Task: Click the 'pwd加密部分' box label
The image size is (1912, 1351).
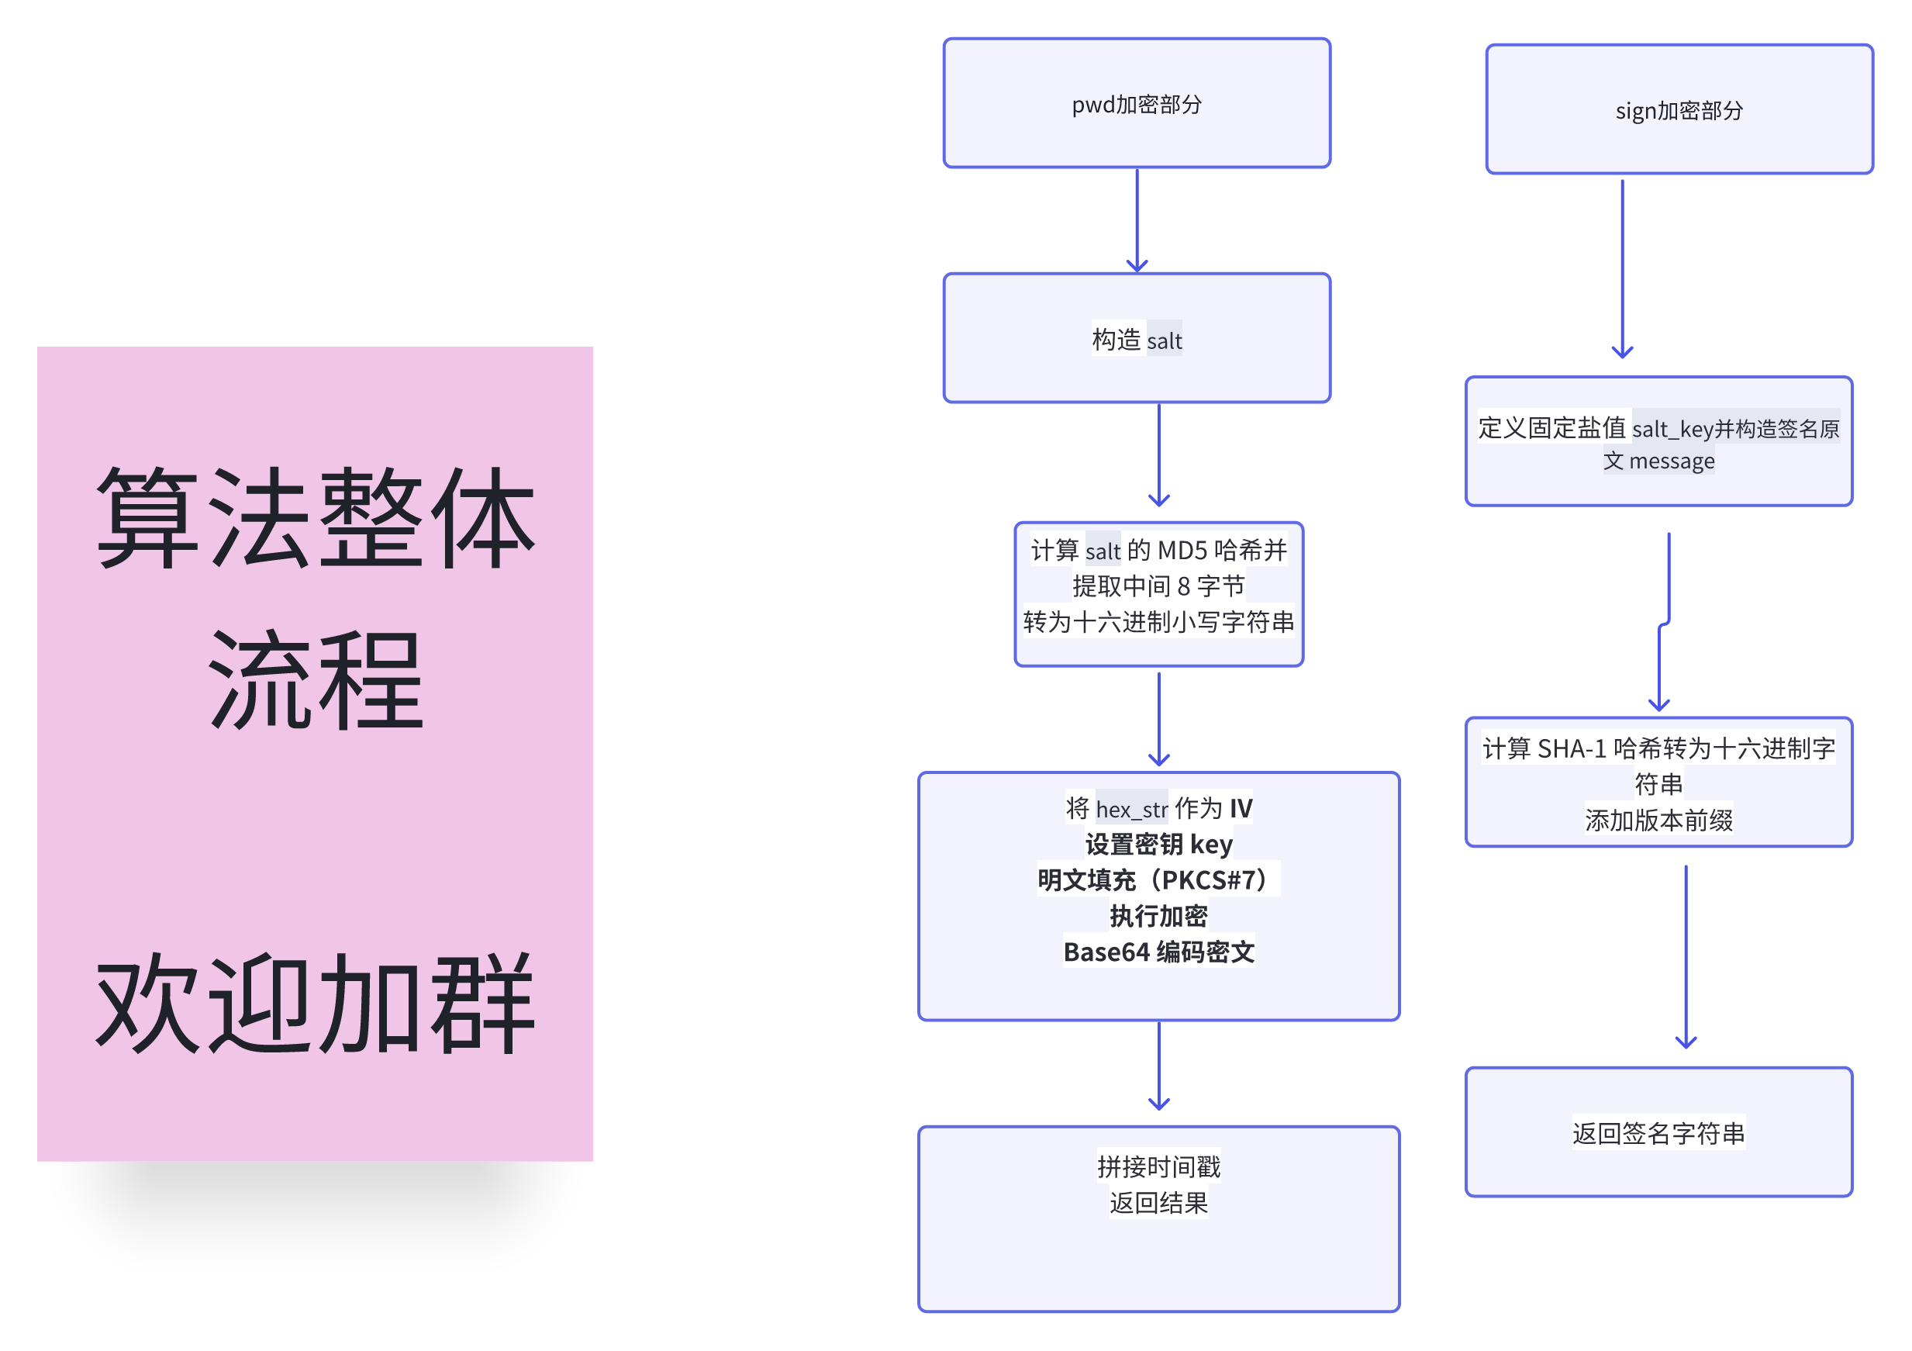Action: pos(1136,105)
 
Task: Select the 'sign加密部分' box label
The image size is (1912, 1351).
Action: pos(1679,111)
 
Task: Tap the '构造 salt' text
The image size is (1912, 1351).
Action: pos(1136,340)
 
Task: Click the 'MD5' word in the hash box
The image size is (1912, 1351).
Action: pos(1182,551)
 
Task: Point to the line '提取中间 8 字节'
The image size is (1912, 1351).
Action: pos(1158,586)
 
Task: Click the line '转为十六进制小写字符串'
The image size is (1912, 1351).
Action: pos(1158,622)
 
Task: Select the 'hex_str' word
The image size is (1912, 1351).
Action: pos(1132,809)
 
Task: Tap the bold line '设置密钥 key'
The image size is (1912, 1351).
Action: pos(1158,845)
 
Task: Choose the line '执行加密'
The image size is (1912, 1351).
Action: pos(1158,916)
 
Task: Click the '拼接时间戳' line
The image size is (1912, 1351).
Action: pos(1158,1167)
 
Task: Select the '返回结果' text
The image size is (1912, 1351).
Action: pos(1158,1203)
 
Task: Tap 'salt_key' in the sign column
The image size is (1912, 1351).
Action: pos(1672,429)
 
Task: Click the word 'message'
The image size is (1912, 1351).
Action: pos(1672,461)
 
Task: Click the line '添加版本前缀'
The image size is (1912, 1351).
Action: pos(1658,821)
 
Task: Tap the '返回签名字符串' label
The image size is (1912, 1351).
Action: pos(1658,1133)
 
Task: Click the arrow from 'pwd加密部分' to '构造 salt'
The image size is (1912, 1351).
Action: pos(1137,220)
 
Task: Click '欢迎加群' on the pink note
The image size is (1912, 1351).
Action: pos(315,1004)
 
